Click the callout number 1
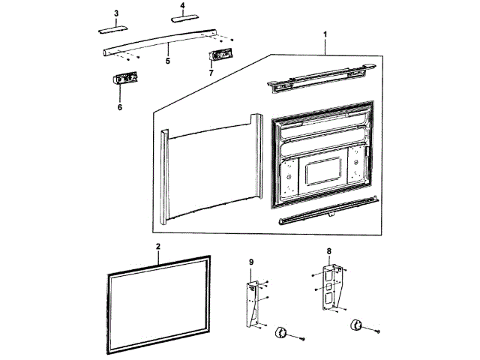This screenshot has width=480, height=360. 325,34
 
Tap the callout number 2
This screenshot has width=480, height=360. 158,247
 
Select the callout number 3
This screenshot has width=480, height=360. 116,13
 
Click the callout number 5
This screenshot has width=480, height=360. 168,58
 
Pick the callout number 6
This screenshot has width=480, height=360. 119,107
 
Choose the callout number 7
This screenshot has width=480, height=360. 211,73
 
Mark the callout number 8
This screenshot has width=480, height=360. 328,251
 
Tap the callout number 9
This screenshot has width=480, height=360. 251,262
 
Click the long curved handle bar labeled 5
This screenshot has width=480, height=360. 165,43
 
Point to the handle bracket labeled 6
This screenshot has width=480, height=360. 124,79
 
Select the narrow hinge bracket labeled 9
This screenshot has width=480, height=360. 253,300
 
